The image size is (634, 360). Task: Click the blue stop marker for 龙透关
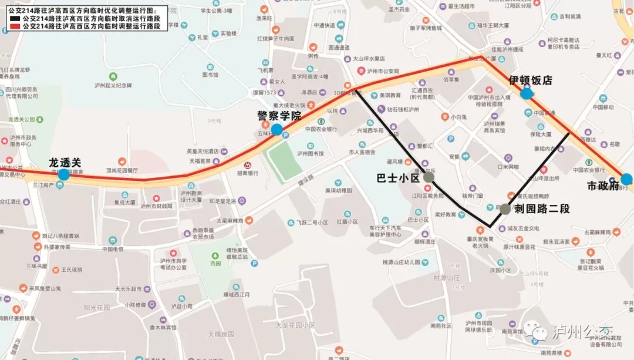coord(64,174)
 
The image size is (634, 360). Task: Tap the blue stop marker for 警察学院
coord(276,129)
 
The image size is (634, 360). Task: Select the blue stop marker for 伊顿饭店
coord(527,93)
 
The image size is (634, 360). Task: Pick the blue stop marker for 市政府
coord(626,179)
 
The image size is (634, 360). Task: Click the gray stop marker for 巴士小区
coord(429,177)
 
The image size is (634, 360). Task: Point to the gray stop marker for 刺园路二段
coord(505,208)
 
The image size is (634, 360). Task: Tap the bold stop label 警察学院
coord(279,116)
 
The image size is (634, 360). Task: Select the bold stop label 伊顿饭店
coord(531,80)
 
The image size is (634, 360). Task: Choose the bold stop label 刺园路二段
coord(542,208)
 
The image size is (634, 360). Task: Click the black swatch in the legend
coord(14,19)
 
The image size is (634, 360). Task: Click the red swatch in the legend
coord(14,26)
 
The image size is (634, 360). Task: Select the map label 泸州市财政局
coord(157,206)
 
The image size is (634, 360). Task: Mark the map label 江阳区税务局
coord(427,196)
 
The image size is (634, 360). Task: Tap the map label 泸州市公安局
coord(383,71)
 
